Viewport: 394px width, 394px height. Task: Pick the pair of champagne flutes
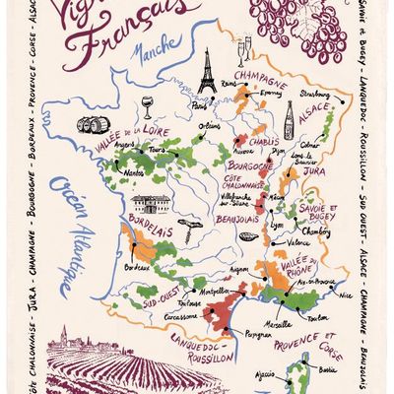(241, 49)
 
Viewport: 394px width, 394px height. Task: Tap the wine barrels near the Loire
(95, 125)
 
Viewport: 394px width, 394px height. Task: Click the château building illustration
(149, 204)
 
